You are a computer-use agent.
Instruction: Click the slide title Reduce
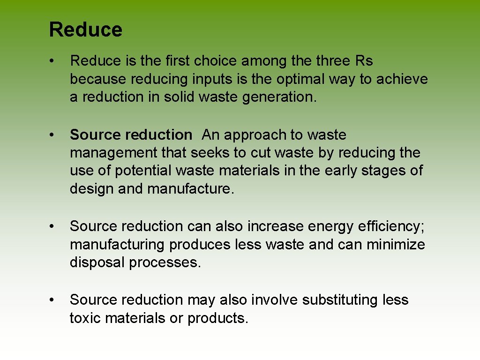(86, 30)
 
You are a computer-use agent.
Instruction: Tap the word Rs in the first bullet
(364, 61)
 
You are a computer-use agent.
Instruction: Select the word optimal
(297, 79)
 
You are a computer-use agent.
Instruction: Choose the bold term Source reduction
(131, 135)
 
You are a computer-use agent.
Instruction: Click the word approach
(253, 135)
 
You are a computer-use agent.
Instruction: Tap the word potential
(130, 171)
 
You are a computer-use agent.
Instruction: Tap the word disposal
(97, 262)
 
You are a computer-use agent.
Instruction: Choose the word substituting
(340, 300)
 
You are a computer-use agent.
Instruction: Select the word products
(217, 318)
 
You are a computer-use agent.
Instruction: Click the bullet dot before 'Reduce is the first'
(55, 61)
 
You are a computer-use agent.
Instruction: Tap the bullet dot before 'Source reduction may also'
(55, 300)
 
